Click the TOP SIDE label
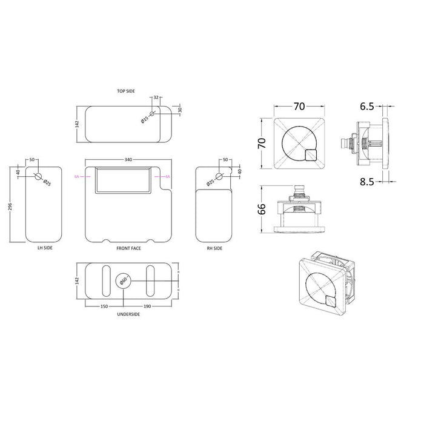126,91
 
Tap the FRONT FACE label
128,249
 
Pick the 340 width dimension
128,160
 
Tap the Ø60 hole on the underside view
123,280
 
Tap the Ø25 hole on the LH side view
39,177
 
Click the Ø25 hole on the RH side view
220,177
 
